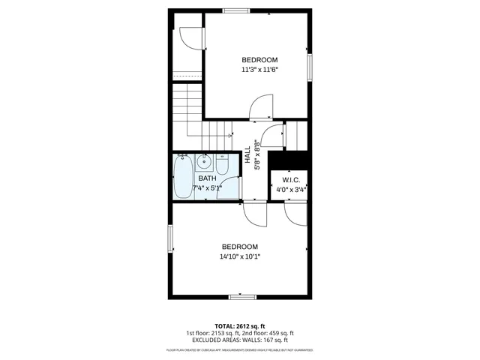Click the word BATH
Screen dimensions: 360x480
point(207,178)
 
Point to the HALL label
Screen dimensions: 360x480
point(247,154)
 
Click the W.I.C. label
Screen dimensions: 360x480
point(291,181)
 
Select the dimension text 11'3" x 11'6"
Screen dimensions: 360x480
point(259,70)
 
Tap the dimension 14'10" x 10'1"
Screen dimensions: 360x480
point(239,256)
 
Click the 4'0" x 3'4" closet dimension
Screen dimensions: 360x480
point(291,190)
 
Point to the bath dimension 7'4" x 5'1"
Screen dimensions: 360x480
point(212,188)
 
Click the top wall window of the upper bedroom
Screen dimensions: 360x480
point(237,10)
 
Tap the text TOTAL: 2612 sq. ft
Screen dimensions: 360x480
point(239,325)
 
